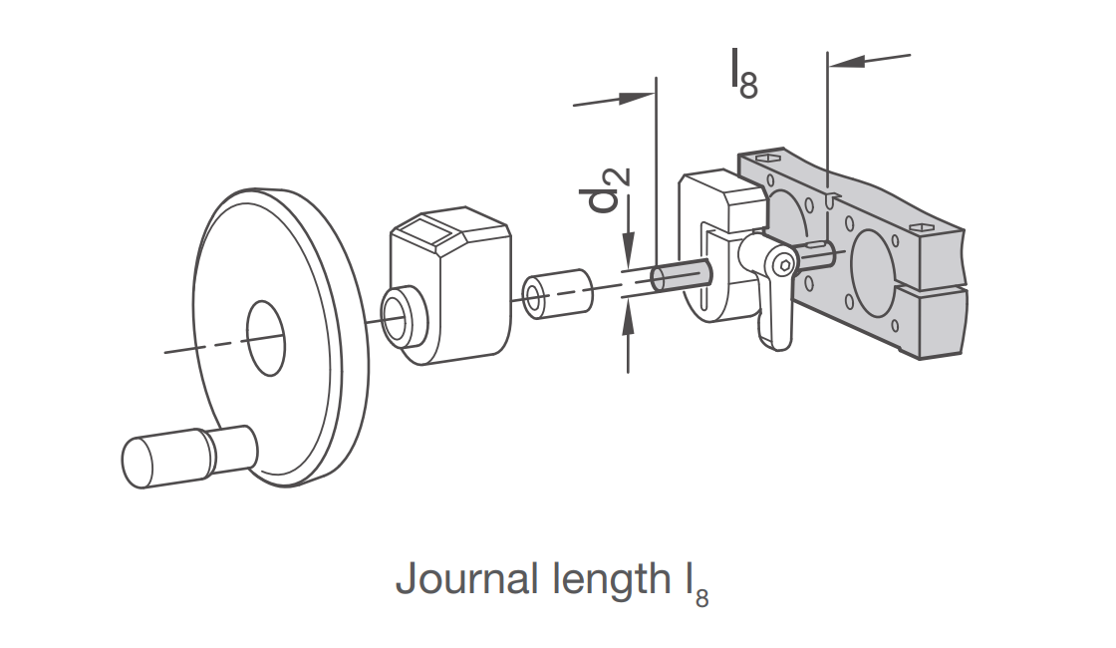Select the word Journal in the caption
[x=467, y=579]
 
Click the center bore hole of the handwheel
[x=265, y=338]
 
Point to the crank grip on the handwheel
[x=188, y=456]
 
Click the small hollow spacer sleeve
[x=557, y=293]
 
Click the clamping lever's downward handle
[x=775, y=313]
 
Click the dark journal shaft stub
[x=681, y=276]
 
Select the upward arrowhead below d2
[x=628, y=318]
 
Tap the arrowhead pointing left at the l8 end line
[x=846, y=61]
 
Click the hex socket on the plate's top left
[x=767, y=158]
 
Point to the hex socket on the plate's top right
[x=922, y=227]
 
